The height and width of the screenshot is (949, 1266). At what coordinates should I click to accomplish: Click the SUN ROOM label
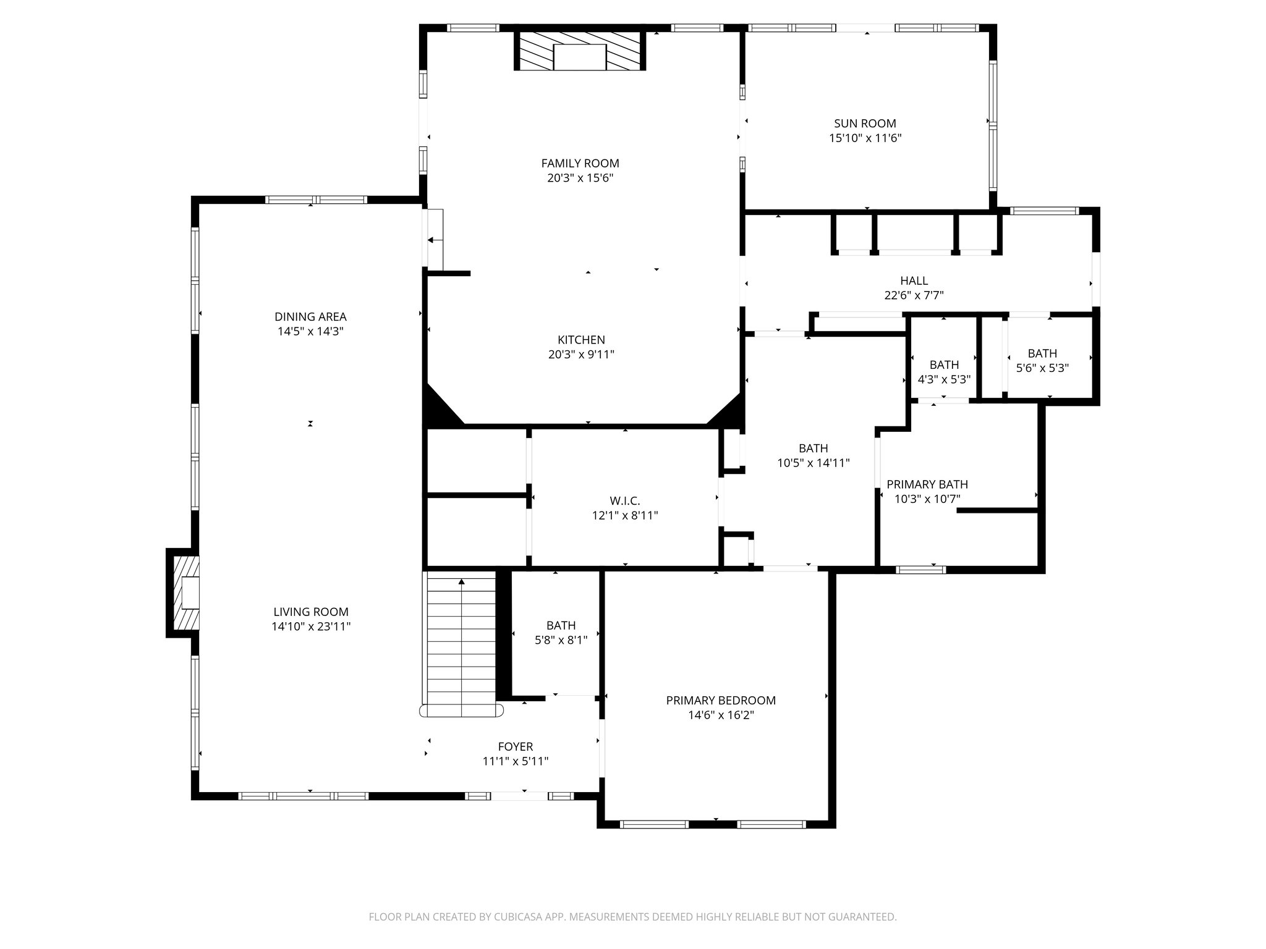(x=865, y=124)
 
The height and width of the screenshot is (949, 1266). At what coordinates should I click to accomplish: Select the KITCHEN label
(x=581, y=340)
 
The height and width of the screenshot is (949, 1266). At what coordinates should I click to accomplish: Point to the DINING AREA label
(x=310, y=317)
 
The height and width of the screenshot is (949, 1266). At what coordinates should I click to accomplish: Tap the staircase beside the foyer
(x=461, y=643)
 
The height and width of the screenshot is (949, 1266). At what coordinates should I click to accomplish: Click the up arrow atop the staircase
(x=461, y=581)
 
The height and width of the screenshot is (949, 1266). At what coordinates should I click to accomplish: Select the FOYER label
(x=515, y=747)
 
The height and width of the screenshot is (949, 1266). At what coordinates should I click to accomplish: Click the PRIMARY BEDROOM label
(x=720, y=701)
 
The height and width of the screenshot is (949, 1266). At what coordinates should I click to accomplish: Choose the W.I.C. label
(x=624, y=501)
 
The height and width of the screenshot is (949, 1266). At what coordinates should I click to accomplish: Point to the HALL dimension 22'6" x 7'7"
(x=914, y=296)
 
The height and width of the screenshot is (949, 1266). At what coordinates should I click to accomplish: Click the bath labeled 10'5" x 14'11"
(x=813, y=455)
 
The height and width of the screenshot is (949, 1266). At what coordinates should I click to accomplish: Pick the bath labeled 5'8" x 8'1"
(x=561, y=633)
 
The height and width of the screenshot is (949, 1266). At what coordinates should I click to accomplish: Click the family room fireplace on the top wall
(x=580, y=51)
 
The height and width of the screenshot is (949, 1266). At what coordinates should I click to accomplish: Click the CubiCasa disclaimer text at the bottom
(x=632, y=917)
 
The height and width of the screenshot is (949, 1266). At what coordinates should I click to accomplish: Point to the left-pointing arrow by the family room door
(x=435, y=240)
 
